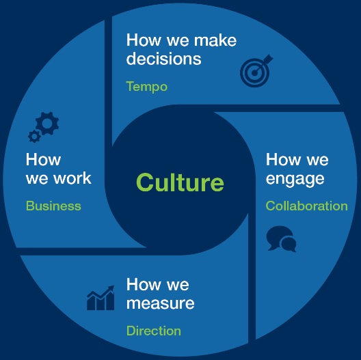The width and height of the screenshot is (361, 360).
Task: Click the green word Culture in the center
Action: point(180,182)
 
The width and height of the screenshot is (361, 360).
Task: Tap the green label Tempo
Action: point(146,87)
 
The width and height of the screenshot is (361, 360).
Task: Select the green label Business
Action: point(53,206)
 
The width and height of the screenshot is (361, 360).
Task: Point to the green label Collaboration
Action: point(307,206)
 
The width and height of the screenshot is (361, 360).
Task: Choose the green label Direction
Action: point(154,331)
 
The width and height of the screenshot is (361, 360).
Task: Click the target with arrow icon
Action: point(256,70)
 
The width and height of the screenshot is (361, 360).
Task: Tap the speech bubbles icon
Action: point(281,239)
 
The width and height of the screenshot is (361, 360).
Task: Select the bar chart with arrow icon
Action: point(101,298)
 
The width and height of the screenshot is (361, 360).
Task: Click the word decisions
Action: point(163,59)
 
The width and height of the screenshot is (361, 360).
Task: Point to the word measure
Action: point(160,303)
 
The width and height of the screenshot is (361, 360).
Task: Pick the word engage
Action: point(295,179)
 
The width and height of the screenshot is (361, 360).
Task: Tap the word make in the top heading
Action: point(215,40)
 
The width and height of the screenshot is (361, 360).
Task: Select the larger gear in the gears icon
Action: point(47,123)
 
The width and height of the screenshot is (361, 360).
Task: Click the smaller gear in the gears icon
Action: point(35,136)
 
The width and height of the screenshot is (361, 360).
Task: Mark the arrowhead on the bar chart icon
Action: point(111,288)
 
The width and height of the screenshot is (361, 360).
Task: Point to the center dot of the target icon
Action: point(254,73)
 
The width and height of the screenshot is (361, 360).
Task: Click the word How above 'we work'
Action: point(43,159)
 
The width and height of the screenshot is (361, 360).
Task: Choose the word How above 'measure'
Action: point(144,284)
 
